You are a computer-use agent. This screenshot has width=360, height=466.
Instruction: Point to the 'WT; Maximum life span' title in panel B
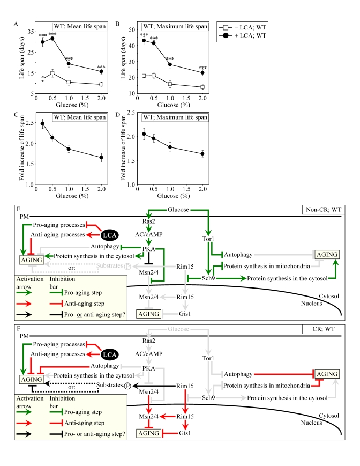166,27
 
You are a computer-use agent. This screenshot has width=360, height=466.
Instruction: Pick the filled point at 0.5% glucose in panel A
52,38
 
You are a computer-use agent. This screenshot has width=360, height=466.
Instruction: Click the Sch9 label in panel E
208,278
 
